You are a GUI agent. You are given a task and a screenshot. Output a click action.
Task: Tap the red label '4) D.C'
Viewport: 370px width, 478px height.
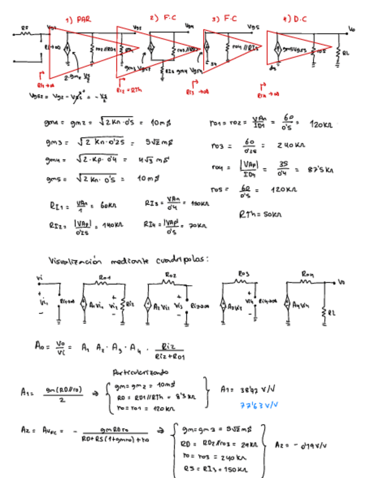(295, 19)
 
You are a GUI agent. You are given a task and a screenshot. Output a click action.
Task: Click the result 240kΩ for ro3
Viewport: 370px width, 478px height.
(290, 145)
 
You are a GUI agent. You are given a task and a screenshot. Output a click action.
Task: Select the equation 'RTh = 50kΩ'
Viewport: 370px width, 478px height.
(260, 214)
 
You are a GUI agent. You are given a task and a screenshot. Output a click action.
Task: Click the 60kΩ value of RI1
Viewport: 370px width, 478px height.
(104, 207)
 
